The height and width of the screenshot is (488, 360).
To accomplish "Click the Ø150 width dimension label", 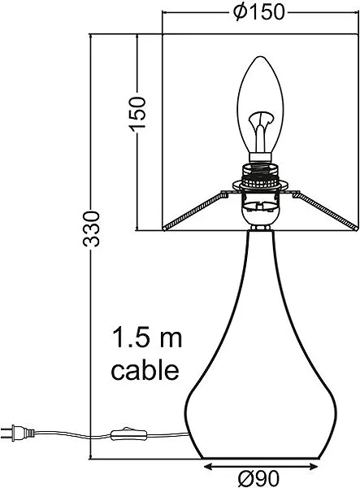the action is click(x=258, y=12).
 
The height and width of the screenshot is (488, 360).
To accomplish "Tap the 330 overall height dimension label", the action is click(x=91, y=229).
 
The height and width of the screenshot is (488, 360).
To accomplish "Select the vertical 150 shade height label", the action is click(x=137, y=113).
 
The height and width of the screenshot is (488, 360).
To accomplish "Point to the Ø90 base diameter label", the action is click(x=258, y=479).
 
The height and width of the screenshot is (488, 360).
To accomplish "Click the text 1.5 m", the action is click(x=146, y=338).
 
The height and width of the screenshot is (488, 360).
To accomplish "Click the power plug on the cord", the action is click(x=17, y=433).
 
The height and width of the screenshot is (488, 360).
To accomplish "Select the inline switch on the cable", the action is click(x=128, y=434).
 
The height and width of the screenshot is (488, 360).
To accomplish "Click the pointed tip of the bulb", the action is click(x=261, y=57).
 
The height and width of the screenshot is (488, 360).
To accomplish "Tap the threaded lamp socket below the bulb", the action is click(x=261, y=176).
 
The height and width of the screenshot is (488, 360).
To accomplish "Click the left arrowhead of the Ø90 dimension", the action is click(x=208, y=467).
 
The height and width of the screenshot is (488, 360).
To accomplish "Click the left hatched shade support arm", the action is click(x=194, y=210).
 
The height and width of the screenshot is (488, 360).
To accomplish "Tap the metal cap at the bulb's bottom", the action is click(x=261, y=157).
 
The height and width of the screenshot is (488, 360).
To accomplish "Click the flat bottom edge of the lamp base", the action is click(x=261, y=458).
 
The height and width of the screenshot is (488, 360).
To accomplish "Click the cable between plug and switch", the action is click(x=73, y=434).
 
